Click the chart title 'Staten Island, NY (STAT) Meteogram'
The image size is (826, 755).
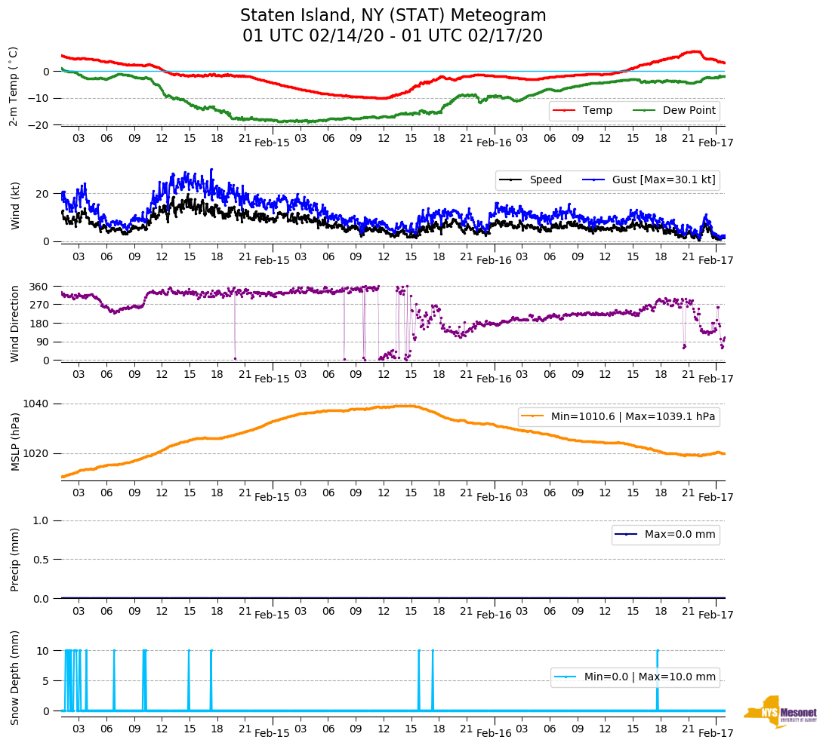[x=393, y=16]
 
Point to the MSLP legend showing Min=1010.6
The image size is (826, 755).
[x=618, y=417]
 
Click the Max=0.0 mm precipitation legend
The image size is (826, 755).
[x=665, y=535]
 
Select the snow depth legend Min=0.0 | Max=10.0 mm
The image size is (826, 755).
[x=635, y=677]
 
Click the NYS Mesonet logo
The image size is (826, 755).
[x=781, y=711]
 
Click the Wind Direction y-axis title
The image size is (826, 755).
[x=15, y=324]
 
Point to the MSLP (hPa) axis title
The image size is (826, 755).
[x=15, y=441]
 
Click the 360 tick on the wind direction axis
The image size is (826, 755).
[x=39, y=287]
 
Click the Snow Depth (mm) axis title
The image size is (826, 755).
[x=15, y=677]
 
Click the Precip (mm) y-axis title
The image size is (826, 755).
[x=15, y=559]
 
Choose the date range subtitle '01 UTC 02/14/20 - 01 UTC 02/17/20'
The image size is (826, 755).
[x=393, y=36]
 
